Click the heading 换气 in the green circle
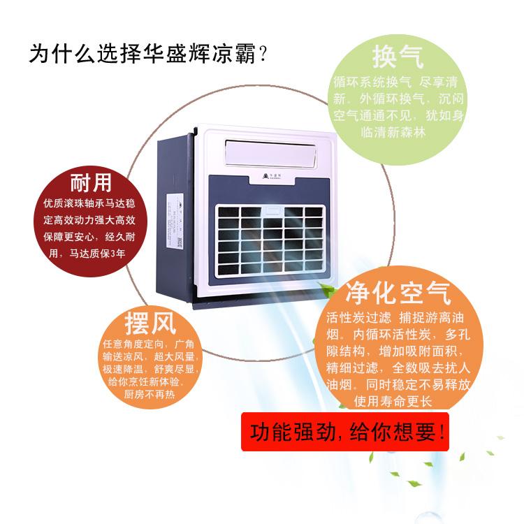coord(398,54)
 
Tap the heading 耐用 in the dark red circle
coord(91,183)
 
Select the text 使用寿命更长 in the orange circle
coord(393,402)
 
